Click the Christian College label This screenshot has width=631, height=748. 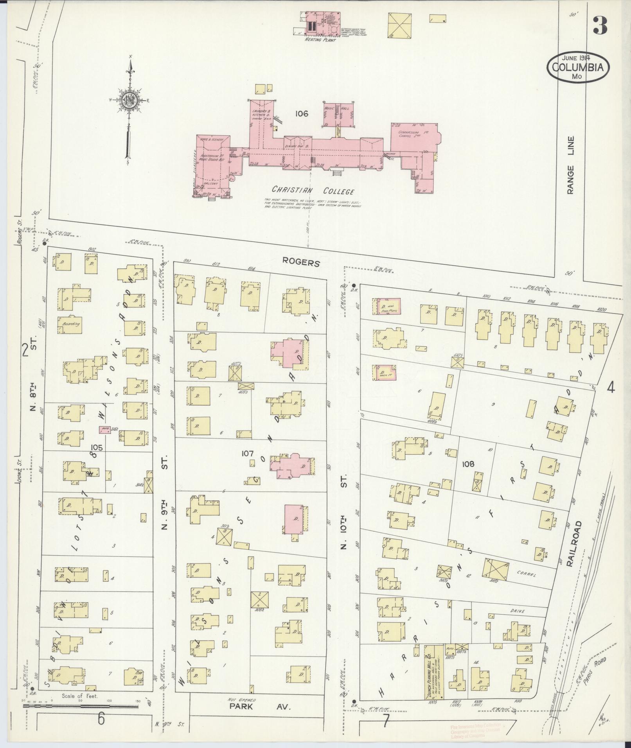click(313, 191)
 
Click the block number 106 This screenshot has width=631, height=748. click(302, 114)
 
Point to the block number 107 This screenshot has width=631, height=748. click(248, 454)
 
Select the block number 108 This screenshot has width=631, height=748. click(467, 464)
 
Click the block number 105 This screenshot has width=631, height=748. click(97, 447)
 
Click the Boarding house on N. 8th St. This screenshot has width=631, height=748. click(70, 324)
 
